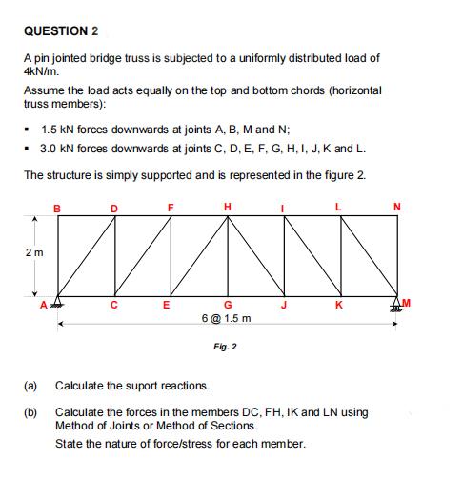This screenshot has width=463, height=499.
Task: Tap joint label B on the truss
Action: [56, 205]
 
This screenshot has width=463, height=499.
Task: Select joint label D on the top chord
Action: [114, 205]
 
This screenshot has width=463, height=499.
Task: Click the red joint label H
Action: [227, 205]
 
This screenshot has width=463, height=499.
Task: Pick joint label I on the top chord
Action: [283, 205]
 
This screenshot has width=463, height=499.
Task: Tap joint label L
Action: [340, 205]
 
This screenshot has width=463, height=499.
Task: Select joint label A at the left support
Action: [45, 305]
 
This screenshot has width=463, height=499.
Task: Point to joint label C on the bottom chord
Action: [114, 307]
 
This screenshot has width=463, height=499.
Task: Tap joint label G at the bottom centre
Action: [227, 307]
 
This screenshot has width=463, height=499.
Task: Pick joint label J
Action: [283, 307]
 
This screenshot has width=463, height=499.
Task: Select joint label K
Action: [340, 307]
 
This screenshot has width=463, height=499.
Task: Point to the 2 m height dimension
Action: [34, 254]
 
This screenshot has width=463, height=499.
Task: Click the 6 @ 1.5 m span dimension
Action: [227, 320]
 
